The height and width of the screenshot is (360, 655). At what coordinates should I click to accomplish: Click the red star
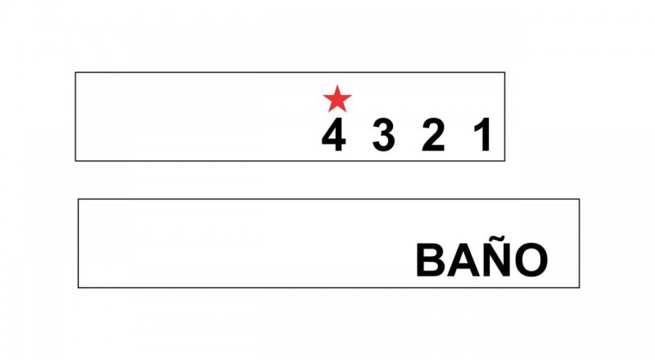[337, 99]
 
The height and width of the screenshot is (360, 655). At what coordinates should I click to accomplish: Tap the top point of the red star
[337, 85]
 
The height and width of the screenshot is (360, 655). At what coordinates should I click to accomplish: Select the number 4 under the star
[334, 134]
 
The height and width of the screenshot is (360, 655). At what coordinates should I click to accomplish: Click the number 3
[383, 134]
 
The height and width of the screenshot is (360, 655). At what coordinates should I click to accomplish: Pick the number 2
[433, 134]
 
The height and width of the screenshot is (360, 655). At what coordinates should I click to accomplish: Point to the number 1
[483, 134]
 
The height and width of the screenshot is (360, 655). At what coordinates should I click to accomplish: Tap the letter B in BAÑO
[431, 260]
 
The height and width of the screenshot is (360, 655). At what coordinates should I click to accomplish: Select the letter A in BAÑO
[462, 260]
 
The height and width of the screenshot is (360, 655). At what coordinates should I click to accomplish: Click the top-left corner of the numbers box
[75, 73]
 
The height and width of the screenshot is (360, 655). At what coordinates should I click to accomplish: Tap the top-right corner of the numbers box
[504, 73]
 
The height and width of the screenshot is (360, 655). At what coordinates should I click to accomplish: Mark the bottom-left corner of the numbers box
[75, 161]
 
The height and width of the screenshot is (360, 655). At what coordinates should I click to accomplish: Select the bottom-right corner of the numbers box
[504, 161]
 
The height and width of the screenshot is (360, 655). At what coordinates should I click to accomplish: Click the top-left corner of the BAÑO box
[79, 199]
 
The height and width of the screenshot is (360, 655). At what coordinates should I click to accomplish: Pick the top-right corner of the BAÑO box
[580, 199]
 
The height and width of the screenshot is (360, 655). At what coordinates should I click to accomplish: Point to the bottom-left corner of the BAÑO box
[79, 288]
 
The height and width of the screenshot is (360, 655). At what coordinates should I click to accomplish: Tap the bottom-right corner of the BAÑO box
[580, 288]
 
